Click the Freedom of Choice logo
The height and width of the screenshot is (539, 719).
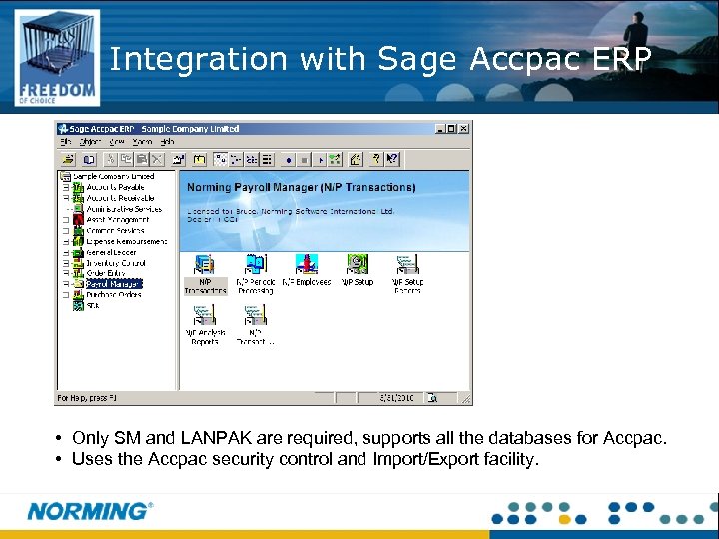click(57, 58)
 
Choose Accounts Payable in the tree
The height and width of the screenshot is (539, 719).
click(115, 187)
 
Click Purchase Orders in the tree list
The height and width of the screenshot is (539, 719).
click(114, 295)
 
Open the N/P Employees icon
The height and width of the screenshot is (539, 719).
click(306, 265)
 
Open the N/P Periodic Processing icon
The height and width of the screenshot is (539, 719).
click(255, 265)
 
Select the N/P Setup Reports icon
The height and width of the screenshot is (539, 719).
click(407, 265)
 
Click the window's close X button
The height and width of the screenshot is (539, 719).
click(464, 129)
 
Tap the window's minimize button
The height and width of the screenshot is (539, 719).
click(440, 129)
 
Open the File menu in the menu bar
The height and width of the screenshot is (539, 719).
click(65, 142)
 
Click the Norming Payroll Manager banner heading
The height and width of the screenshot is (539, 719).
click(301, 187)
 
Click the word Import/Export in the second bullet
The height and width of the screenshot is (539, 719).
click(425, 460)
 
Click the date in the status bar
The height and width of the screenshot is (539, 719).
click(396, 397)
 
